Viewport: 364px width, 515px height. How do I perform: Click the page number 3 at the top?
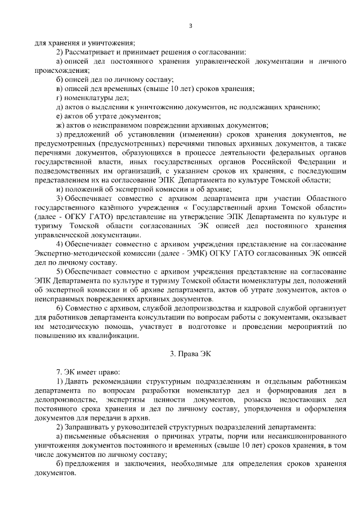[191, 26]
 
